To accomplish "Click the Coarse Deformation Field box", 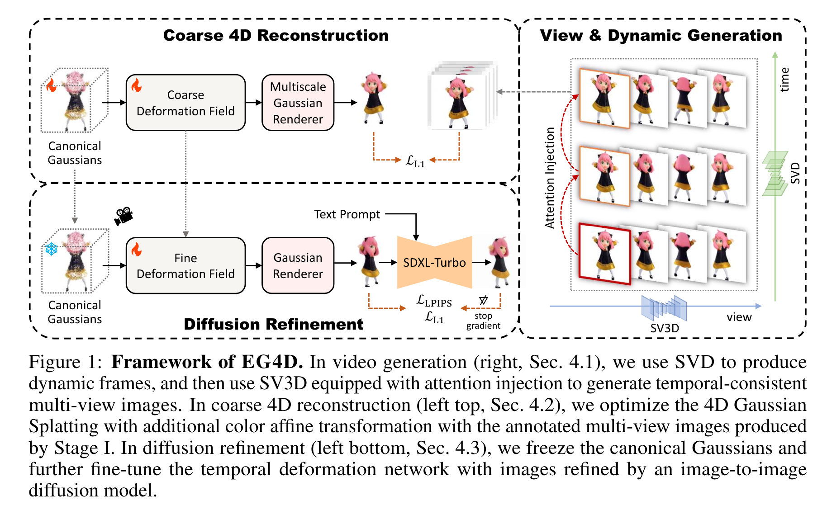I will click(185, 103).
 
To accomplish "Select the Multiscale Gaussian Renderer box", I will click(298, 103).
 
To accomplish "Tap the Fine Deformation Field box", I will click(185, 265).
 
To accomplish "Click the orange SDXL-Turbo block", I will click(434, 262).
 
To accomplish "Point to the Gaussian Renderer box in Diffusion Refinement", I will click(298, 265).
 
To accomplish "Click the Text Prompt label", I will click(347, 214).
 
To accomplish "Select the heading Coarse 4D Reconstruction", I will click(276, 35).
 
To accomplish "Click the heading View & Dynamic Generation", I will click(661, 35).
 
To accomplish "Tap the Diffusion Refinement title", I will click(273, 324).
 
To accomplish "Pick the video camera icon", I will click(123, 216).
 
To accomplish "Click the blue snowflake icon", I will click(51, 249).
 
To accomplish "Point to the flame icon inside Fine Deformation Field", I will click(136, 249).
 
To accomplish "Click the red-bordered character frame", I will click(604, 254).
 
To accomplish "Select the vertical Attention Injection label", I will click(550, 177).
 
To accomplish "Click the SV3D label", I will click(664, 328).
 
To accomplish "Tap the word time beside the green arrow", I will click(784, 80).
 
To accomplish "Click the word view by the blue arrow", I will click(739, 317).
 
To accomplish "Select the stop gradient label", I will click(483, 321).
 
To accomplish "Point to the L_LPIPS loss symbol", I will click(434, 301).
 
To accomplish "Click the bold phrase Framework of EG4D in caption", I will click(207, 362).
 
